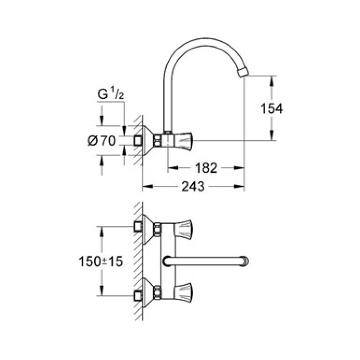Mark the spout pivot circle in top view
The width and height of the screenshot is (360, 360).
(166, 261)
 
